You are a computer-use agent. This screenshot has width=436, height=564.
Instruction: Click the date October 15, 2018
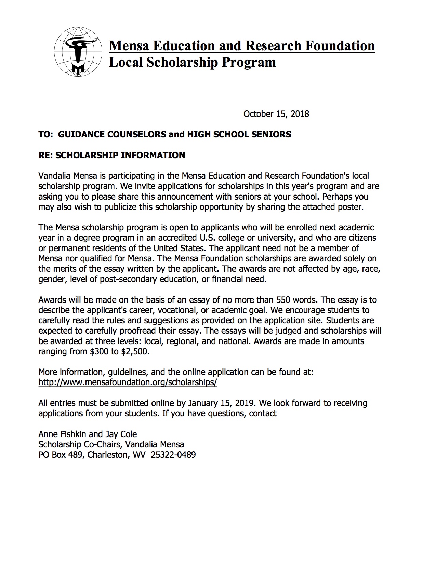coord(276,114)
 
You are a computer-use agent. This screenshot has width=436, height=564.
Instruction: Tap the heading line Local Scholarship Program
coord(192,62)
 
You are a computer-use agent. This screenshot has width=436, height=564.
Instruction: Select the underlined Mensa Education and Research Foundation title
coord(242,45)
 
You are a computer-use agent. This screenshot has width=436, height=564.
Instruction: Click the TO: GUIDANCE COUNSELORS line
coord(164,134)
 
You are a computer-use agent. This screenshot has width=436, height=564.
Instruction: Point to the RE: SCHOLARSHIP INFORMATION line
coord(111,155)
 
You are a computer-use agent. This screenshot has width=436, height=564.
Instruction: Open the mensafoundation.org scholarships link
coord(128,382)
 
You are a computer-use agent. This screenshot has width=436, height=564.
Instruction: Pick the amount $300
coord(99,351)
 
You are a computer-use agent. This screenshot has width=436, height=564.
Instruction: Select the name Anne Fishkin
coord(62,434)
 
